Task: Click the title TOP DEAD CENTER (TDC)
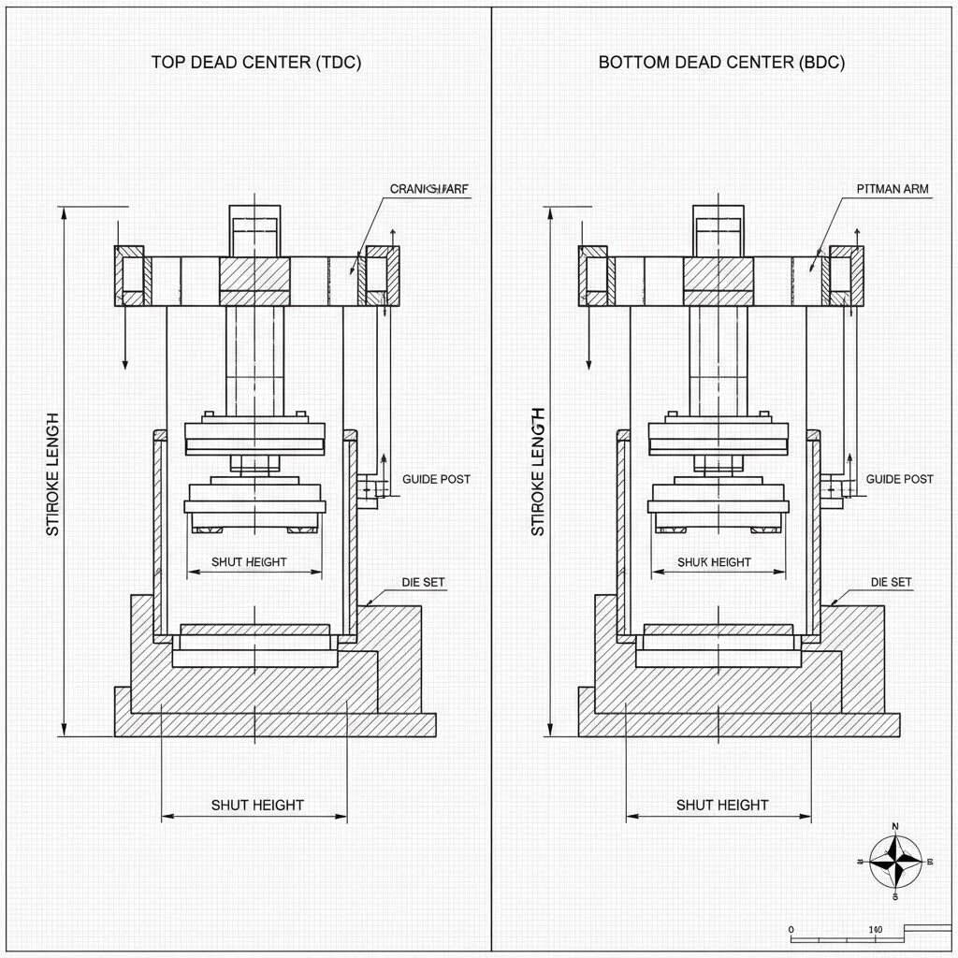(256, 63)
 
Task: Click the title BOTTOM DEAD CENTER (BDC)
(721, 63)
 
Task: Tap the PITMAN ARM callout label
(893, 189)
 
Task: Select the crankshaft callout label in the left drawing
(429, 189)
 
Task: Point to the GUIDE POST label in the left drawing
(436, 479)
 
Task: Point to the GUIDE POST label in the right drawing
(899, 479)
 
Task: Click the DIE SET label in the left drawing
(424, 582)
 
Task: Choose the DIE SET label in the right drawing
(891, 582)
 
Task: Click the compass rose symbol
(895, 862)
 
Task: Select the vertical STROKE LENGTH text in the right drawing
(537, 472)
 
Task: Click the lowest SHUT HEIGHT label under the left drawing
(257, 805)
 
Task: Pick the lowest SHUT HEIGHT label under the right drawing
(722, 805)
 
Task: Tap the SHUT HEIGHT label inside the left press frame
(249, 562)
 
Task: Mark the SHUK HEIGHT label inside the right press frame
(715, 562)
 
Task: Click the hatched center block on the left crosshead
(254, 275)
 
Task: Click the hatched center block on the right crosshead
(718, 275)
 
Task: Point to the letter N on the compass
(895, 827)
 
